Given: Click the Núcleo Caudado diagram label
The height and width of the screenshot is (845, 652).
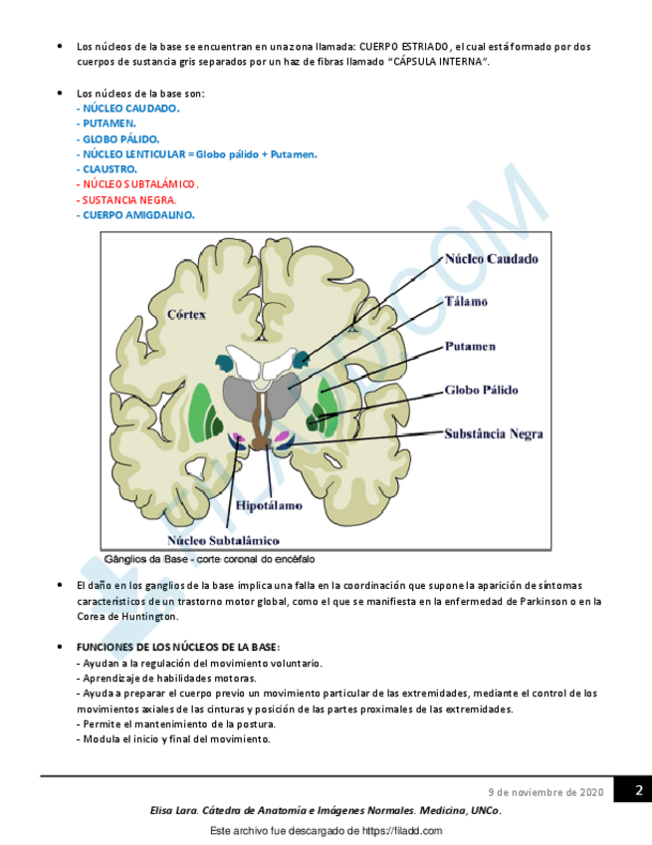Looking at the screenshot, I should [x=491, y=259].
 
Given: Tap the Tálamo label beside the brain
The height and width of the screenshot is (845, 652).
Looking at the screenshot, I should [x=466, y=301].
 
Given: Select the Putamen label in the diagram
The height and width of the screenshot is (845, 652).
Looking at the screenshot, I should [x=470, y=347].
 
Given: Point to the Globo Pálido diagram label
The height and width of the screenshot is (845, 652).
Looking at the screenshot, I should [x=482, y=391].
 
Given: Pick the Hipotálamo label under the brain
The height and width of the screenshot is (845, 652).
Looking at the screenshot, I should [x=269, y=505].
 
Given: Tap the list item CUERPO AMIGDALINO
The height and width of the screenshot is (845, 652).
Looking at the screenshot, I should [x=138, y=214].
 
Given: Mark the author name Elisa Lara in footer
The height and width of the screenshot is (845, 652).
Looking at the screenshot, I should [x=172, y=811].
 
